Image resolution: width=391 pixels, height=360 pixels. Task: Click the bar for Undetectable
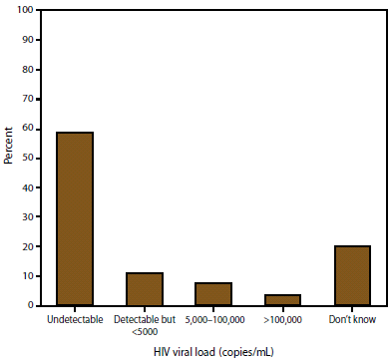click(76, 218)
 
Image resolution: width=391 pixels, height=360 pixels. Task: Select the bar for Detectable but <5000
click(145, 289)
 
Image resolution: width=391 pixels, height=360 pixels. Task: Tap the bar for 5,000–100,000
click(213, 294)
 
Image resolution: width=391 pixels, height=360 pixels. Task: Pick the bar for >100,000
click(283, 300)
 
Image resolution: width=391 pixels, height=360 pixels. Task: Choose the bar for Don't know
click(352, 275)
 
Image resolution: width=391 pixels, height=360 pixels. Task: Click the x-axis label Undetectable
click(76, 320)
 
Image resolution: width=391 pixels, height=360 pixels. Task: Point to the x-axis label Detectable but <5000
click(145, 326)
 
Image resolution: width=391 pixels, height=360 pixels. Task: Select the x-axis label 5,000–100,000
click(213, 320)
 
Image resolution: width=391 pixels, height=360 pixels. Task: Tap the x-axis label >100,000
click(283, 320)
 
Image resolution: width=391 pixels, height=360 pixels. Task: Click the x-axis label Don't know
click(352, 320)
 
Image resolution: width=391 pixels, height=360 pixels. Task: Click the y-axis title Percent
click(9, 158)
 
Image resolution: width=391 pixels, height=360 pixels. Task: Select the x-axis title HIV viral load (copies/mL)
click(213, 350)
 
